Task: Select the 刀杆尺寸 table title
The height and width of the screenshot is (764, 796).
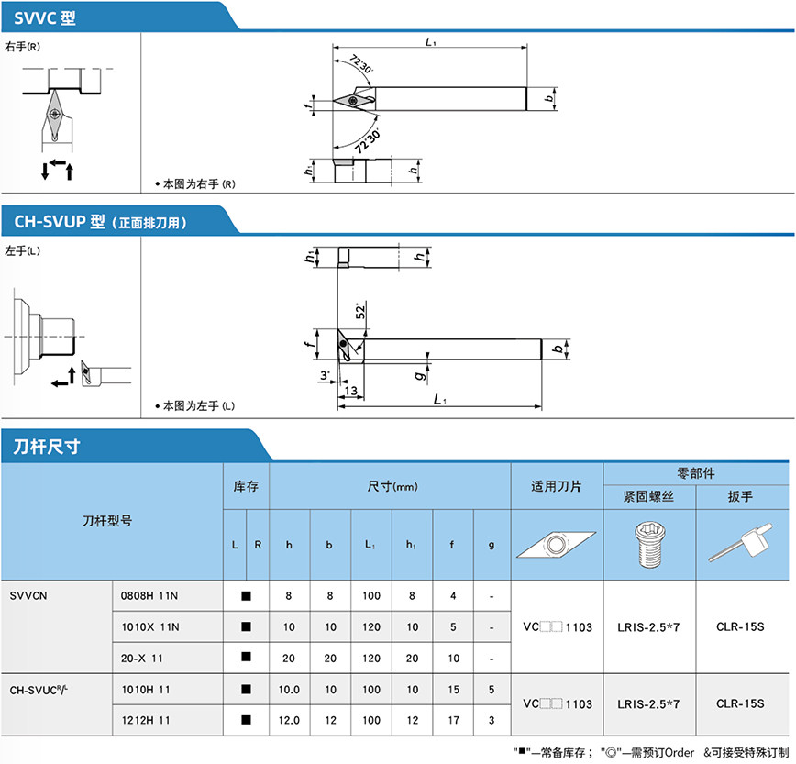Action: coord(47,447)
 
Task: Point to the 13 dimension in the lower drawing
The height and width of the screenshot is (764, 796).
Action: coord(349,390)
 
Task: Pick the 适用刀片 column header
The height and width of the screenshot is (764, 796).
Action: coord(556,486)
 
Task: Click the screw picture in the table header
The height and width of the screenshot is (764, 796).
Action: coord(648,544)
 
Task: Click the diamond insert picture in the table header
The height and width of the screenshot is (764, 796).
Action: coord(555,545)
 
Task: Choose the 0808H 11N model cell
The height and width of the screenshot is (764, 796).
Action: coord(149,595)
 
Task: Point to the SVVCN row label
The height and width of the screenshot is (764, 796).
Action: coord(28,595)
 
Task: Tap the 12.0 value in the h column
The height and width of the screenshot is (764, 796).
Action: coord(289,720)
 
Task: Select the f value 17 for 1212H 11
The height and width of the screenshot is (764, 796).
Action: coord(452,720)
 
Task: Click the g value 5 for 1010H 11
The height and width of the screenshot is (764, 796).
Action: coord(492,689)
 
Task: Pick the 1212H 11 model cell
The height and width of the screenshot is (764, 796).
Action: coord(146,720)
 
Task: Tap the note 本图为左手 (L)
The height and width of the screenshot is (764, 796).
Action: coord(198,405)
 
